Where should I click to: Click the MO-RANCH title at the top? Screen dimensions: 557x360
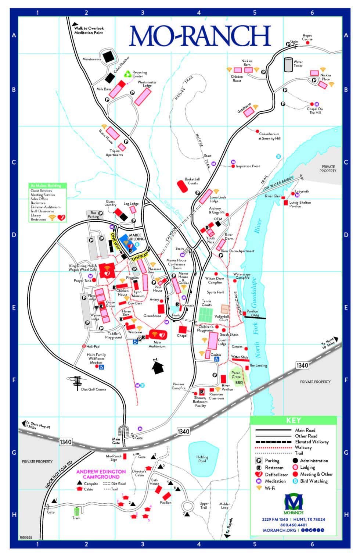click(x=200, y=36)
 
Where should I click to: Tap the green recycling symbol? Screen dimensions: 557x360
click(x=127, y=74)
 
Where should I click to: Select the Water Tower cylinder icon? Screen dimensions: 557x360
click(x=288, y=64)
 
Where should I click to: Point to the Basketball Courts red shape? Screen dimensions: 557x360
click(x=183, y=186)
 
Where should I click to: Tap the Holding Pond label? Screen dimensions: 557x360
click(x=202, y=459)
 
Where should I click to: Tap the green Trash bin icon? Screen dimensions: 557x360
click(x=76, y=511)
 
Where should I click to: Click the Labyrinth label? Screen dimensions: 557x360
click(x=302, y=192)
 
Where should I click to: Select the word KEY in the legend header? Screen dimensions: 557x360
click(x=293, y=421)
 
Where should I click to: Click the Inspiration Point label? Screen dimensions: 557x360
click(x=248, y=166)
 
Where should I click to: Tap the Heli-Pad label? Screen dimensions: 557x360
click(x=93, y=346)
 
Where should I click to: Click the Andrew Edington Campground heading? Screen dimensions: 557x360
click(x=101, y=474)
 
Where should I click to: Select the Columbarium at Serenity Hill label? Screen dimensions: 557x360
click(x=270, y=136)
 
